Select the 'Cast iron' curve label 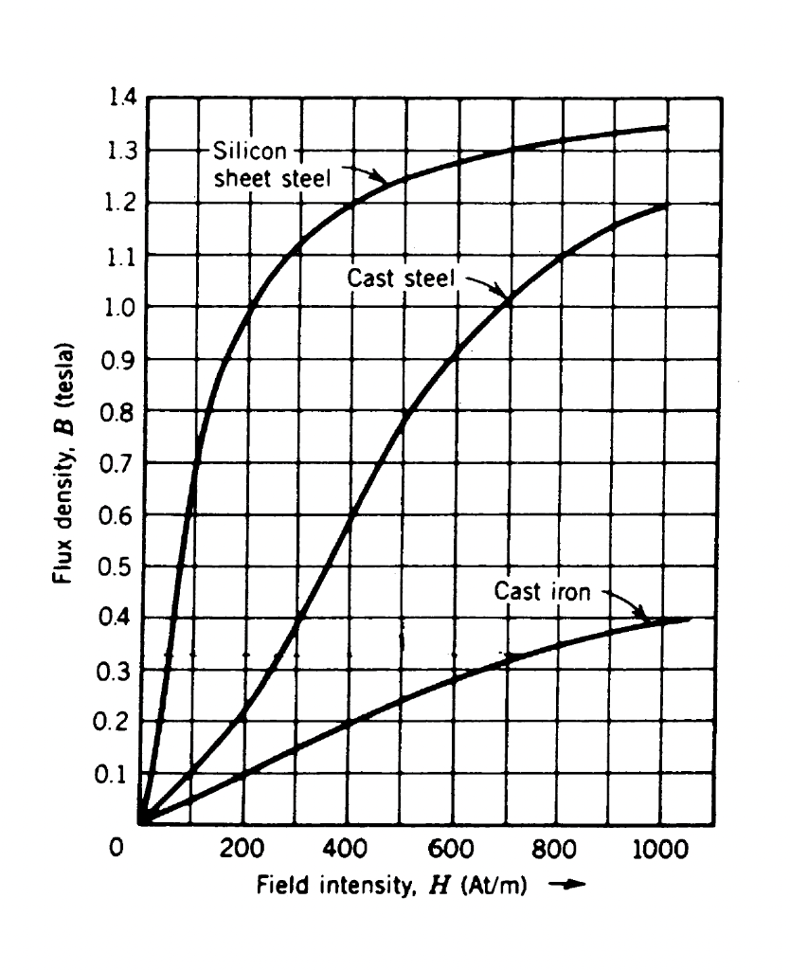(x=542, y=592)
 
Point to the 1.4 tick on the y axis (x=122, y=98)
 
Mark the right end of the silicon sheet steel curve (x=666, y=127)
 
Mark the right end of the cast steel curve (x=666, y=205)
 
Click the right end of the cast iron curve (x=689, y=619)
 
